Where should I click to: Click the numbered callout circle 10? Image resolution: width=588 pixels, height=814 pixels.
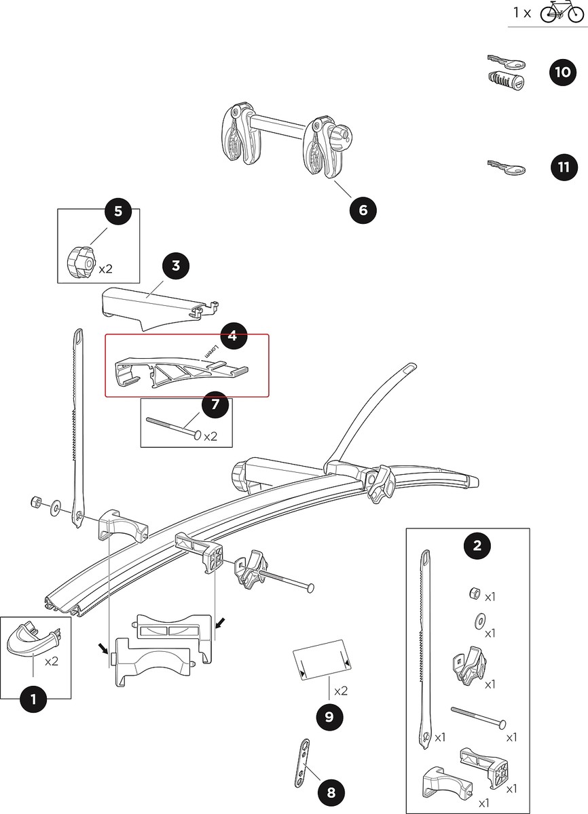click(x=562, y=73)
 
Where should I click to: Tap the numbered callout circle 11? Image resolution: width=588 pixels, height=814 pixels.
click(x=562, y=167)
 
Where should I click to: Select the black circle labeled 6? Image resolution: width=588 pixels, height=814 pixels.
click(x=363, y=210)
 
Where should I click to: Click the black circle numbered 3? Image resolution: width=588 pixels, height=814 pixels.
click(x=176, y=265)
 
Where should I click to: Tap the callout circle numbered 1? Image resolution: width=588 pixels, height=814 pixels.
click(x=33, y=699)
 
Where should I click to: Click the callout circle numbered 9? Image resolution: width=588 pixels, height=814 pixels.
click(x=329, y=716)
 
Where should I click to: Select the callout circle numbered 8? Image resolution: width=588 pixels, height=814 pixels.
click(x=331, y=792)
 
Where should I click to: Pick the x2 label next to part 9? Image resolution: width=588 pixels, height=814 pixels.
click(x=340, y=691)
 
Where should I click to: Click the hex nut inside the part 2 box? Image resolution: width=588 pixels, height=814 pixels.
click(x=474, y=594)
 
